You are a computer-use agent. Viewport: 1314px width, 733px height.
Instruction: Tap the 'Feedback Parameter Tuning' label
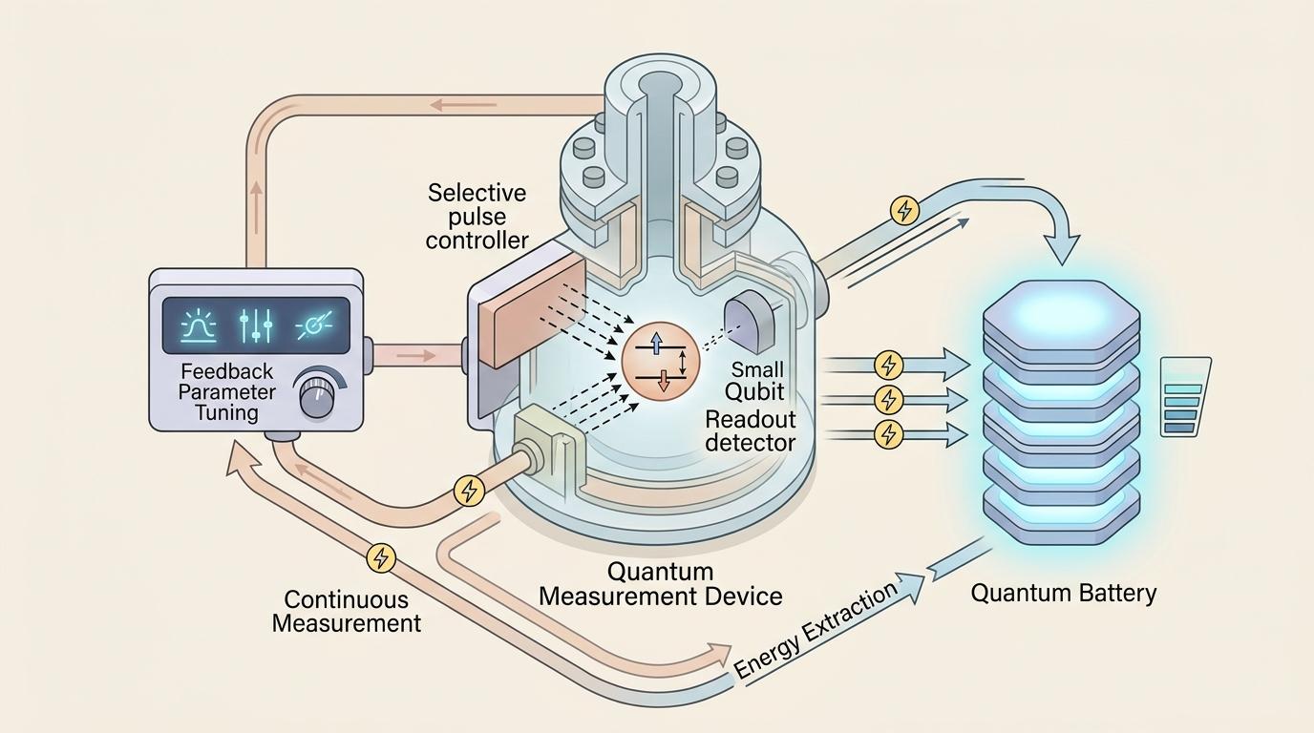[x=226, y=392]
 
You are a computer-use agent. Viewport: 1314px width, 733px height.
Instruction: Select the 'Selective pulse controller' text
[x=477, y=217]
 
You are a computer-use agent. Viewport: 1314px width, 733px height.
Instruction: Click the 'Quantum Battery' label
[x=1063, y=593]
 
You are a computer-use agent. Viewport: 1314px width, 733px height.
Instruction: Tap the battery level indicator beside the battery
[x=1184, y=397]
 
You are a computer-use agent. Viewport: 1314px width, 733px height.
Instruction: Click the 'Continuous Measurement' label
[x=346, y=612]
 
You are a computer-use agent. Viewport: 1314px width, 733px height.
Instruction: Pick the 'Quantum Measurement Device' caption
[x=661, y=584]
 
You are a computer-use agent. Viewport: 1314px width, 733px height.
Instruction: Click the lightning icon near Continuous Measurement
[x=381, y=556]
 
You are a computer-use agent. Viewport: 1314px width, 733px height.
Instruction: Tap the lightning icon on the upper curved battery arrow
[x=904, y=210]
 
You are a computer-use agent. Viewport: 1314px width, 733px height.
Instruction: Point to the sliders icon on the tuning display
[x=256, y=325]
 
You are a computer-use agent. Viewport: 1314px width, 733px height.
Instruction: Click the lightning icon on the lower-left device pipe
[x=469, y=491]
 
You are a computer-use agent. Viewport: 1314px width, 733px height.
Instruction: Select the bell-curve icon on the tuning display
[x=200, y=325]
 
